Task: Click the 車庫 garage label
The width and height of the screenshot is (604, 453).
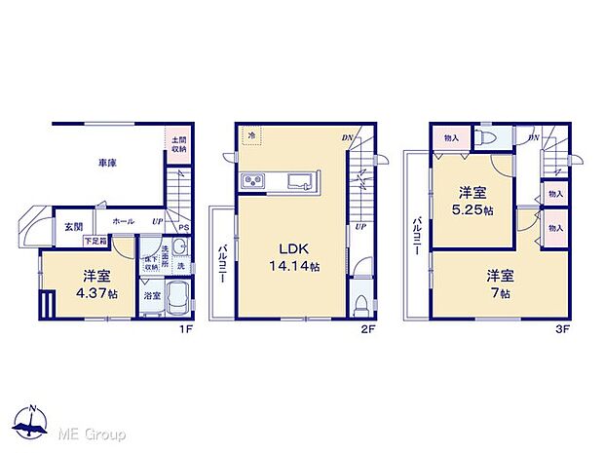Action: pyautogui.click(x=107, y=164)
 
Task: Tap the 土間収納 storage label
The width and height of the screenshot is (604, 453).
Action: pyautogui.click(x=179, y=144)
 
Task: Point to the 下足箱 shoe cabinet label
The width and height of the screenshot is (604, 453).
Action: pyautogui.click(x=94, y=240)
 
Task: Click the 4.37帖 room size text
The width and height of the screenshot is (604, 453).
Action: pyautogui.click(x=98, y=292)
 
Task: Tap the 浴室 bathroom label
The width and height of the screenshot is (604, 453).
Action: pyautogui.click(x=151, y=294)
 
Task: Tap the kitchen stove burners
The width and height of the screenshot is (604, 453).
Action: pyautogui.click(x=251, y=182)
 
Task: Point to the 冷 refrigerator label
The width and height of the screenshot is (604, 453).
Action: pyautogui.click(x=250, y=135)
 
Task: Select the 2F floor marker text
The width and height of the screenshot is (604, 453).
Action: pyautogui.click(x=370, y=330)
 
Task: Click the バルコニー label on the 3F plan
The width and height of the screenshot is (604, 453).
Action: pyautogui.click(x=418, y=235)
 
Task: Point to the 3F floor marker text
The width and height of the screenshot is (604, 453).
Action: pyautogui.click(x=561, y=330)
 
